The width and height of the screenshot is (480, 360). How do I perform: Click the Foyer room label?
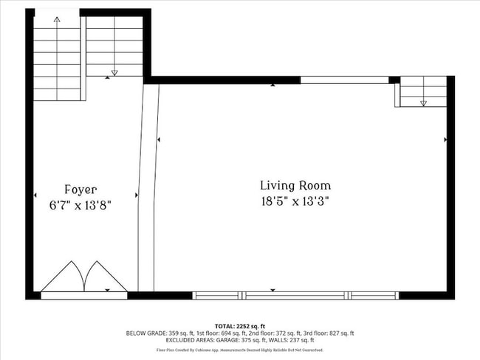click(80, 190)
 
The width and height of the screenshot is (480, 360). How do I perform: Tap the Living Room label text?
click(295, 186)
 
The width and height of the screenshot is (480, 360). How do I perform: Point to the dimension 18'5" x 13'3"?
click(295, 201)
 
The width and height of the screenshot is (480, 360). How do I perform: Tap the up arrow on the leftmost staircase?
click(58, 20)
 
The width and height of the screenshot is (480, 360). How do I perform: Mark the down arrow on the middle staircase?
click(114, 72)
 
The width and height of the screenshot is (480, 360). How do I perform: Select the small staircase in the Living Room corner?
click(422, 92)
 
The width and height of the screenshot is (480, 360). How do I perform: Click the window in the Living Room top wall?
click(344, 80)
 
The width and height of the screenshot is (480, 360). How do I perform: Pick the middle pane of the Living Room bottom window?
click(296, 296)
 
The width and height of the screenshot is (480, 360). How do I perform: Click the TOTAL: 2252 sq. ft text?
click(240, 325)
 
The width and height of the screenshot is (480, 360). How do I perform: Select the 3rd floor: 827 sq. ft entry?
click(325, 333)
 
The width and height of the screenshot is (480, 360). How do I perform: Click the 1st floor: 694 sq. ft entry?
click(217, 333)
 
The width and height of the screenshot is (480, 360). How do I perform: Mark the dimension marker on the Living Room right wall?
click(445, 139)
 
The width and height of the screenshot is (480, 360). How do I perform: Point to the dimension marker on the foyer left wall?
click(35, 195)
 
